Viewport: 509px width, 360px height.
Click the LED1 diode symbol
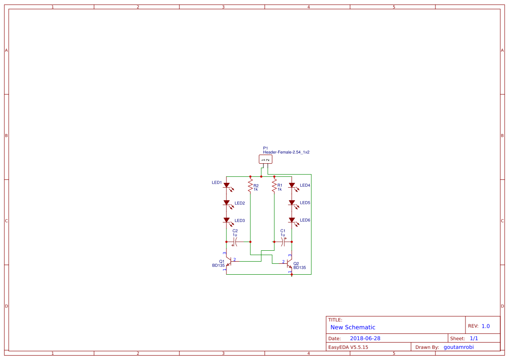[226, 185]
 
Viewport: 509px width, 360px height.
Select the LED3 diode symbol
[226, 220]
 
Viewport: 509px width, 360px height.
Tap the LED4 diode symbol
[292, 185]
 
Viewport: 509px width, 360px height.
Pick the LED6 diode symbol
[292, 220]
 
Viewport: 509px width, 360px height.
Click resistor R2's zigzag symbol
[250, 187]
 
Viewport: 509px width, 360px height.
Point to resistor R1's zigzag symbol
[274, 187]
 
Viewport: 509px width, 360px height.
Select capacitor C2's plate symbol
[235, 241]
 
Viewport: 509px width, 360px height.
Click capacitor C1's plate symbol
[283, 241]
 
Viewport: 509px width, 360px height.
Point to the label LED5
[305, 203]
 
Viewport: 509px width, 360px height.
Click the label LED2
[239, 203]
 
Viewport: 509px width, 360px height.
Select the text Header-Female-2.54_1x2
[286, 152]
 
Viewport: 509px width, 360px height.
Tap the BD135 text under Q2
[300, 268]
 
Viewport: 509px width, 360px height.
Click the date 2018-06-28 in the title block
[365, 338]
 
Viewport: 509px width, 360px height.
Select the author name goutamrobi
[458, 347]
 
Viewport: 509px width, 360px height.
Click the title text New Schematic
[353, 327]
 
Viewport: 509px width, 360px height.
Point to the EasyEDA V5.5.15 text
[348, 347]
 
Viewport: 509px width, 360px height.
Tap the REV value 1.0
[485, 326]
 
